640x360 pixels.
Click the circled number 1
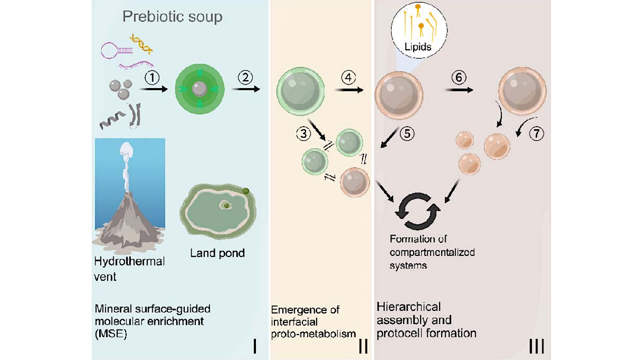tap(152, 78)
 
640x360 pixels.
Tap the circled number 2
tap(246, 77)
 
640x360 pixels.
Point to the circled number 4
tap(348, 77)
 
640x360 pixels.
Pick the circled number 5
tap(407, 134)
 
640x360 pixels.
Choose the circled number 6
tap(459, 77)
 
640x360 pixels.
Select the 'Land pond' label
tap(217, 253)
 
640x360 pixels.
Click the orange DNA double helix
tap(140, 44)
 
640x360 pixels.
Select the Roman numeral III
tap(536, 345)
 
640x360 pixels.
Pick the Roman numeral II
tap(364, 345)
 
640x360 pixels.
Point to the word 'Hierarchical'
tap(408, 306)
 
